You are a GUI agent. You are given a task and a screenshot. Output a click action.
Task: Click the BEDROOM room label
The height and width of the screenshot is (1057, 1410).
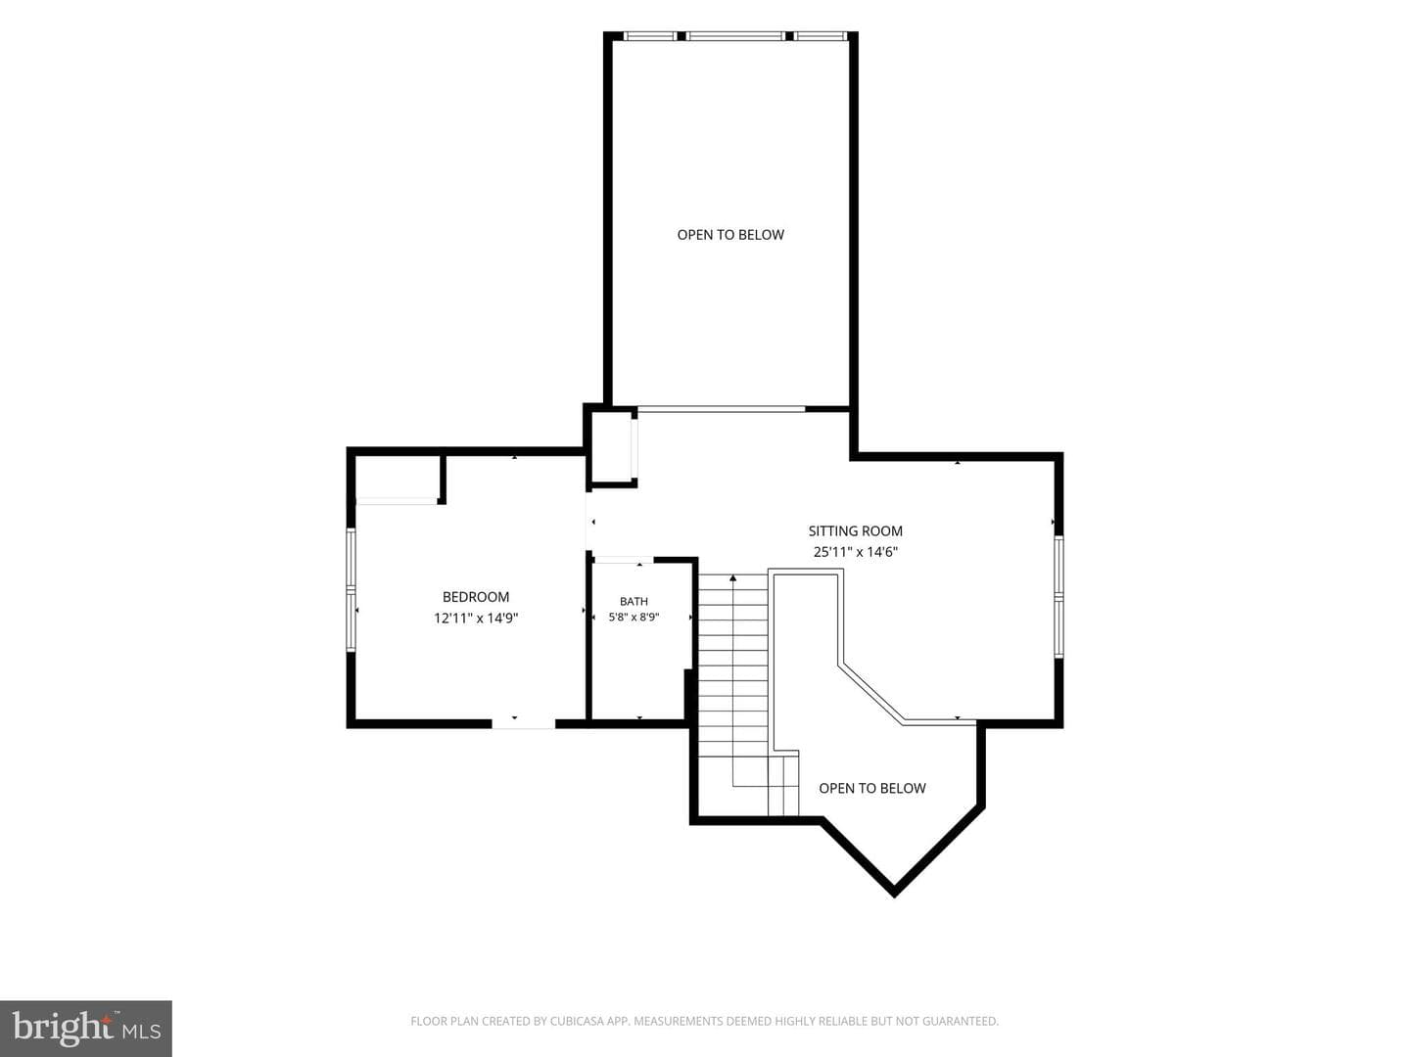coord(475,597)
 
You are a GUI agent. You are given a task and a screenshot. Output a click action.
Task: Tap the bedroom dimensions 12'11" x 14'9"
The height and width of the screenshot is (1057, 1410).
coord(475,618)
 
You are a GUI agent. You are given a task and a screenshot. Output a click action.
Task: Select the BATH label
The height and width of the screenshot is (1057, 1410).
coord(634,601)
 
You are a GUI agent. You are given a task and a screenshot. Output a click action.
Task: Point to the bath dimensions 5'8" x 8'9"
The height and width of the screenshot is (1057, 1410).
coord(634,618)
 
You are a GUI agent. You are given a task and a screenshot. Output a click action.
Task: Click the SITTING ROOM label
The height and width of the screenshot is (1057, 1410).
coord(855,530)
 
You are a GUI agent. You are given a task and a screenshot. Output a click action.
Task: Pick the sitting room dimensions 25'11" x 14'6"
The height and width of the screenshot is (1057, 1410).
coord(855,552)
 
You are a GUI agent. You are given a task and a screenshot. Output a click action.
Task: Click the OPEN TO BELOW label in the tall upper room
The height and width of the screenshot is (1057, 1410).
coord(730,235)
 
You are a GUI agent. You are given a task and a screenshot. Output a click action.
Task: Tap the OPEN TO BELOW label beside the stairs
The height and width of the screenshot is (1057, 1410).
coord(871,788)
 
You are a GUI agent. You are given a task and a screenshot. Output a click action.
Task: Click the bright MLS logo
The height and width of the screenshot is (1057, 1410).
coord(86,1028)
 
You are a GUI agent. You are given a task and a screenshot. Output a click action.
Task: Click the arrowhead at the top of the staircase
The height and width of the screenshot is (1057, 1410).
coord(733,578)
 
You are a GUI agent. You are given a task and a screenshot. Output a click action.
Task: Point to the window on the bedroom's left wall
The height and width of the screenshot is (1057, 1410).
coord(351,590)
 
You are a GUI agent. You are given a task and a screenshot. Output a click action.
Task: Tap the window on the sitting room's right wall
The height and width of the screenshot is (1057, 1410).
coord(1058,597)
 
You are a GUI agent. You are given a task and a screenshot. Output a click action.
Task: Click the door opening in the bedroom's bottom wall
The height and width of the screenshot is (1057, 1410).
coord(524,723)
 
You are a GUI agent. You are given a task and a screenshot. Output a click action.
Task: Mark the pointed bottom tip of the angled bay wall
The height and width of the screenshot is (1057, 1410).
coord(894,896)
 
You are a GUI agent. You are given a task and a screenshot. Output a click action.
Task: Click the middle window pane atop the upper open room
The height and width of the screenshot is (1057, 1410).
coord(735,36)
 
